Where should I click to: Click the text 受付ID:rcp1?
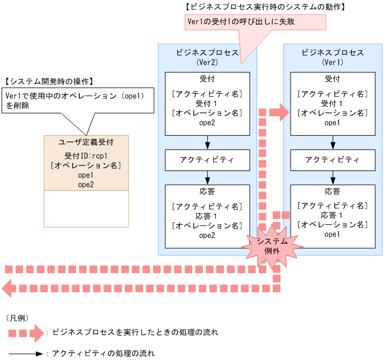(x=86, y=155)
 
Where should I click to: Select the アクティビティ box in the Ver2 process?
(x=207, y=160)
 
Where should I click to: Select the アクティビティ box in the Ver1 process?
(x=332, y=160)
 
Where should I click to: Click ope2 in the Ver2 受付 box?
(x=207, y=123)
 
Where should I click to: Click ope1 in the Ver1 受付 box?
(x=332, y=123)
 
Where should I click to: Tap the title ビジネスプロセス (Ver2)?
(x=207, y=57)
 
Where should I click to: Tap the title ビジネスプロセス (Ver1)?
(x=332, y=57)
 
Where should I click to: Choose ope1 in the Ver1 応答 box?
(x=332, y=235)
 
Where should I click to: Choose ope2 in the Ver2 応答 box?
(x=207, y=235)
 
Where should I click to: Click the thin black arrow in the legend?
(x=25, y=353)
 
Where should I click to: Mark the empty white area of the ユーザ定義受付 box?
(x=86, y=208)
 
